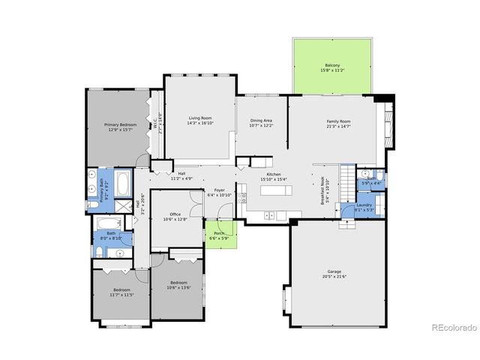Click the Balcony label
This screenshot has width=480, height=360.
click(332, 65)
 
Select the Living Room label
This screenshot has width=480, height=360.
click(200, 118)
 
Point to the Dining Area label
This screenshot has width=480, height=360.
click(261, 120)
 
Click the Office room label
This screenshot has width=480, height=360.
click(175, 214)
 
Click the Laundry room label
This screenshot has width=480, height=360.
click(364, 205)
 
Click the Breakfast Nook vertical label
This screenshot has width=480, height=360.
click(323, 189)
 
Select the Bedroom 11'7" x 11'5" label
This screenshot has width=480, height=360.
click(122, 289)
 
